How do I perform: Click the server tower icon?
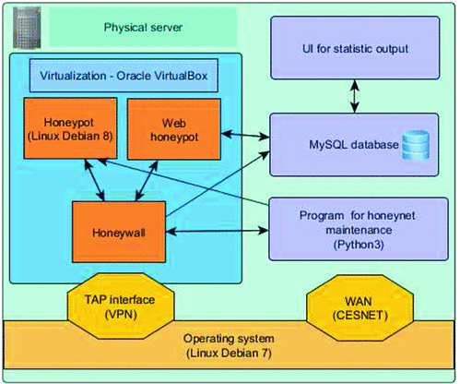[27, 28]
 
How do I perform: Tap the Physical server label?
[143, 28]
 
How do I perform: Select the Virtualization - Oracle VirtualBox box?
[124, 76]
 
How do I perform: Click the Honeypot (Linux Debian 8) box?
[70, 128]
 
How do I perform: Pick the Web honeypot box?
[174, 129]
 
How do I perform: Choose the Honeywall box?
[119, 232]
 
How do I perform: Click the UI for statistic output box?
[355, 48]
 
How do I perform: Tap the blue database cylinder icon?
[416, 145]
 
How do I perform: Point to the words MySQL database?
[354, 145]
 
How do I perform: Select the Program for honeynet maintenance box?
[359, 230]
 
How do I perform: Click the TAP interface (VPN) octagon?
[121, 306]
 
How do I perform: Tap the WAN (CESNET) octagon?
[360, 308]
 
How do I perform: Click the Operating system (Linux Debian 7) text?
[229, 346]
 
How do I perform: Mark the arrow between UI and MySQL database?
[355, 96]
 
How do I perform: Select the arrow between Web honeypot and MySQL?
[245, 135]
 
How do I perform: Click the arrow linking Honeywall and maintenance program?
[218, 231]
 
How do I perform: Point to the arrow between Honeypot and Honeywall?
[94, 181]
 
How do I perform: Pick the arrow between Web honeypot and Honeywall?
[147, 181]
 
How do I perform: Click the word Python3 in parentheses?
[359, 245]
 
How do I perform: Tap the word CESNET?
[360, 315]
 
